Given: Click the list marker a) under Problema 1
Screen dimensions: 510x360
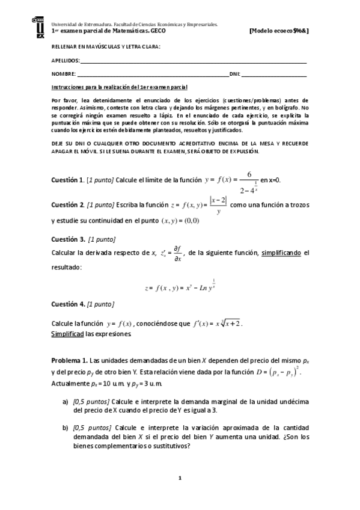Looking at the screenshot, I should (65, 401).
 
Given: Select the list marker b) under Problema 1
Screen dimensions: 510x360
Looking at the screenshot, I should (65, 428).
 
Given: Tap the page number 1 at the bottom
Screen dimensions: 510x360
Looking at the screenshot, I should (180, 478).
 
